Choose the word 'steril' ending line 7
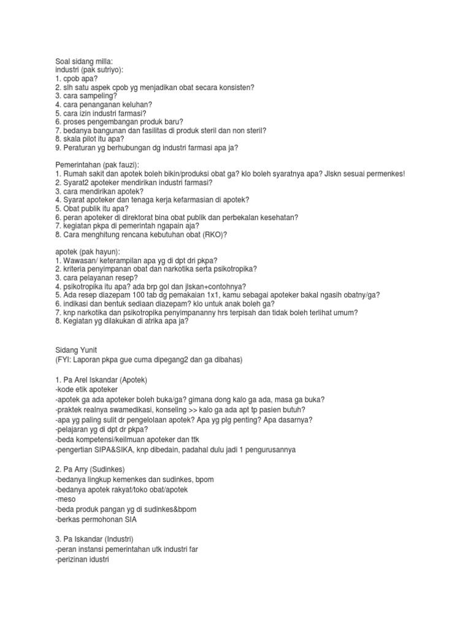coord(256,130)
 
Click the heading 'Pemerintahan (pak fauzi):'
coord(97,165)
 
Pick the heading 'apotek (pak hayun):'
coord(88,251)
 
